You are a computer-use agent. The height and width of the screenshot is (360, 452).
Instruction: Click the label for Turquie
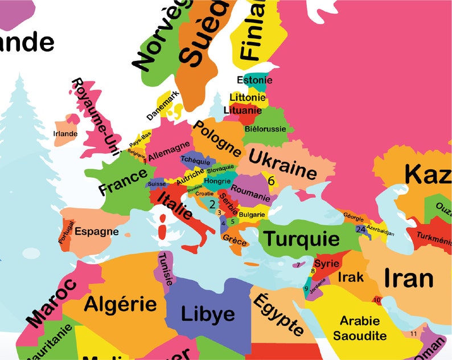point(302,238)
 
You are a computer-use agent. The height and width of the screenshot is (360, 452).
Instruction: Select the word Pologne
point(217,140)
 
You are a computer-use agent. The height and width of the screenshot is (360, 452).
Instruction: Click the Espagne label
point(97,232)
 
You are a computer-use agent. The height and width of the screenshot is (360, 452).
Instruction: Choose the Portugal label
point(66,232)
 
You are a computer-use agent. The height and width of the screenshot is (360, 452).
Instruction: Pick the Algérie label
point(120,303)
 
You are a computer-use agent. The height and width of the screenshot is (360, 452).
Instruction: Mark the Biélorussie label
point(265,129)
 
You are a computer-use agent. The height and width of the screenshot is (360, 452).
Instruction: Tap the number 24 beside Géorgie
point(360,229)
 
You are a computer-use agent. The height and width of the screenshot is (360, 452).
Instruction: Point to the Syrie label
point(327,264)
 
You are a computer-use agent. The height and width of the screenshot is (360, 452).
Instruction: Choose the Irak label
point(347,277)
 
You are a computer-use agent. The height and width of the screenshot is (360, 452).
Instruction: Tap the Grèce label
point(235,240)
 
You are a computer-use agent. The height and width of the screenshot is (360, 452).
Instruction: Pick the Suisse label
point(157,184)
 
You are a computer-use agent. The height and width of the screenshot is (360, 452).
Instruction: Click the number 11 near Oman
point(413,333)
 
